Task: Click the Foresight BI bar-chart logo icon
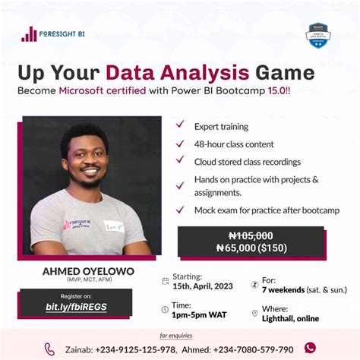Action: point(29,33)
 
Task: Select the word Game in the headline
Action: point(284,73)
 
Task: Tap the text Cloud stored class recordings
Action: point(247,161)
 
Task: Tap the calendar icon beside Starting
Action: point(166,281)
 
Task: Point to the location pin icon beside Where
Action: point(254,313)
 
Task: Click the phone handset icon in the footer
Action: point(49,349)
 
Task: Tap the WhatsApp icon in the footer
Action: point(310,348)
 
